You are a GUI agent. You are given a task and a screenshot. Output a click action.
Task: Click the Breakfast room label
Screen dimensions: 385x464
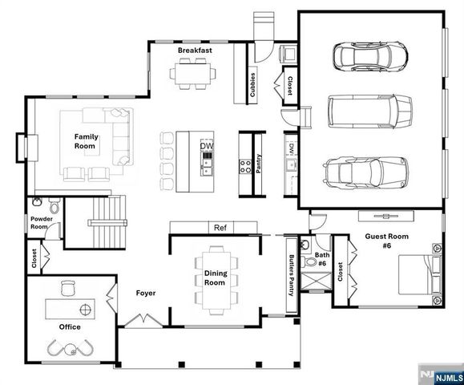tap(195, 51)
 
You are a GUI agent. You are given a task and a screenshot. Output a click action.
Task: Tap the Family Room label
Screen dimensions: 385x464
tap(86, 141)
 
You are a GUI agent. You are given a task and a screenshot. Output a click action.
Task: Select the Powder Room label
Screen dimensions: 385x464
tap(42, 222)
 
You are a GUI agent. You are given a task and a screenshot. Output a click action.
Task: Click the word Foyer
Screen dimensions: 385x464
tap(145, 294)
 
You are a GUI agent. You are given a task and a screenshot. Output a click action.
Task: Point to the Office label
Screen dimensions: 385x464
tap(70, 327)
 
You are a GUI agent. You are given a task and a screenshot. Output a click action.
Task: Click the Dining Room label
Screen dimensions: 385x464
tap(216, 278)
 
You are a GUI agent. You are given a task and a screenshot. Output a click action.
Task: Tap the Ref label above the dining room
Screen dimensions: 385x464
tap(220, 228)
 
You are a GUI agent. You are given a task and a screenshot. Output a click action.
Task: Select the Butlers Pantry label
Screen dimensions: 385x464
tap(290, 276)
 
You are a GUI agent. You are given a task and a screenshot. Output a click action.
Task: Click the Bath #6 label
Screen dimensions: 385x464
tap(321, 258)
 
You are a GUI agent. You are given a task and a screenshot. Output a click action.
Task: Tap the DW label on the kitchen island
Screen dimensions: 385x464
tap(208, 145)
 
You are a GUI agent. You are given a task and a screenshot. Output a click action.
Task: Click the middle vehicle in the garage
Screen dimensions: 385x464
tap(369, 111)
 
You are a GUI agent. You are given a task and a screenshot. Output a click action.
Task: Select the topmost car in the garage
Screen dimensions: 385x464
tap(369, 57)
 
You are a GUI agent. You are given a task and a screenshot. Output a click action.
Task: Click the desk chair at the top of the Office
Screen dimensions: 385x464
tap(68, 286)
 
